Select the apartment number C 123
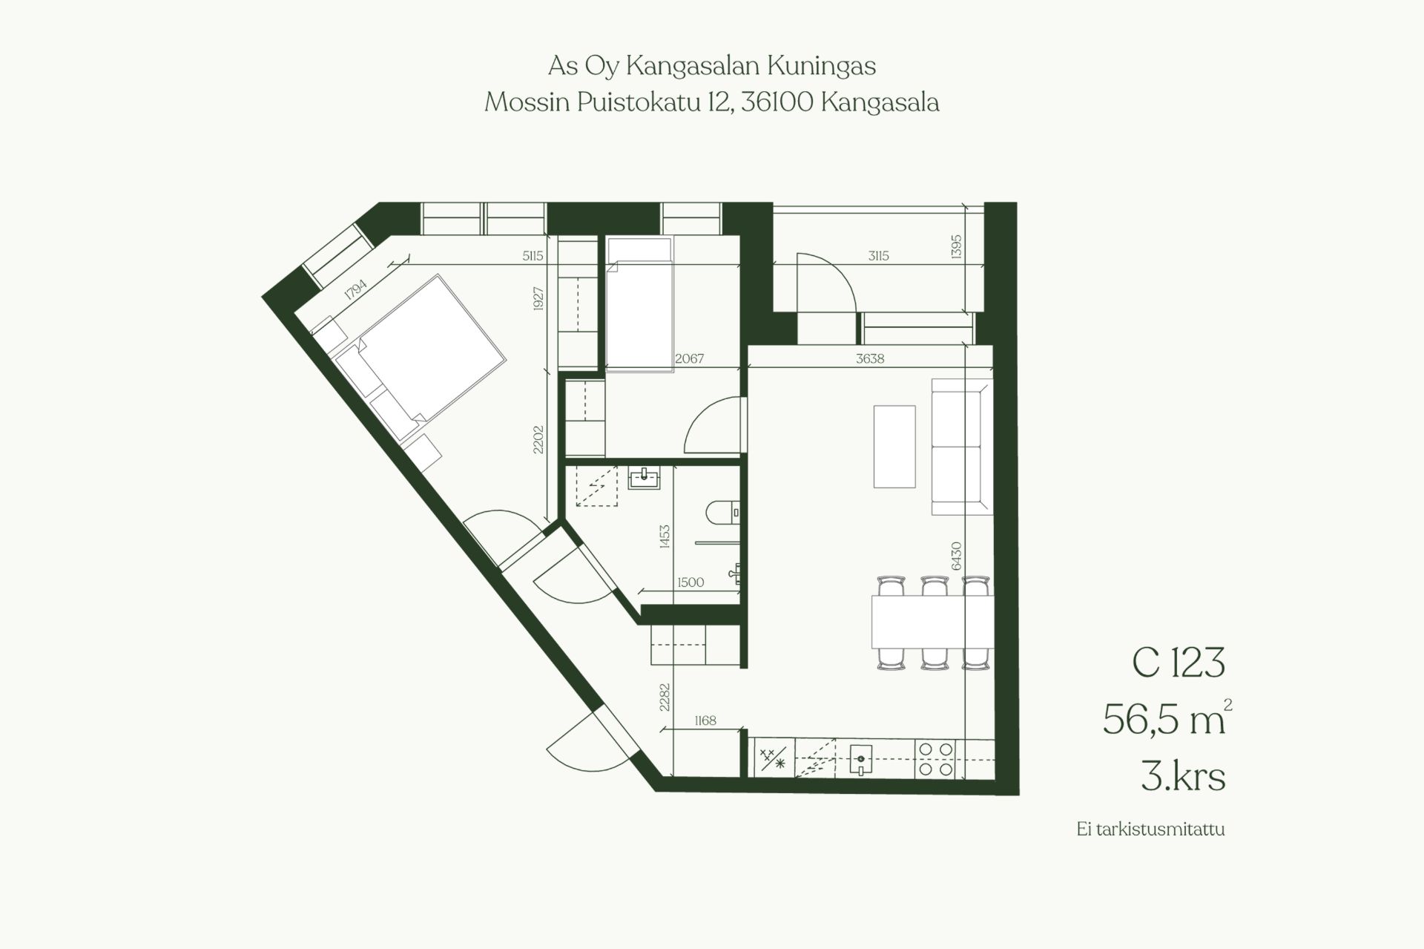point(1178,663)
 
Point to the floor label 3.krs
point(1183,776)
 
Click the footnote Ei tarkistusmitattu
point(1150,829)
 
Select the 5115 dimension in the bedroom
point(533,256)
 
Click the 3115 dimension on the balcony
point(878,256)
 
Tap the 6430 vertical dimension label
point(956,556)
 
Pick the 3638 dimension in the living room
point(870,358)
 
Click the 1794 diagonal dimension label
point(355,289)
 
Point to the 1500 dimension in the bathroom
point(690,582)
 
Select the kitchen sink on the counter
point(860,758)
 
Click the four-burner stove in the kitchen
point(936,759)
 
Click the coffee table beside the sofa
point(894,446)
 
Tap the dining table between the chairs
point(932,621)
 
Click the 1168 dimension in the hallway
point(705,720)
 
